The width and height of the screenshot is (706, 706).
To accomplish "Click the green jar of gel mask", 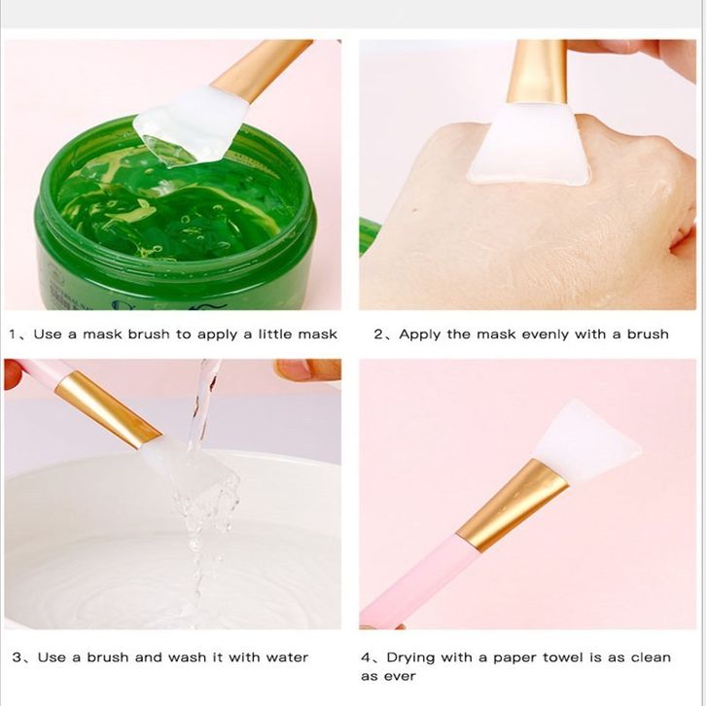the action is (x=176, y=216).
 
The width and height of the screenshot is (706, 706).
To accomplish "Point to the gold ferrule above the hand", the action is (x=537, y=72).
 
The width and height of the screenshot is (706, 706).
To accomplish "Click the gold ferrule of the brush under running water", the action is (x=108, y=408).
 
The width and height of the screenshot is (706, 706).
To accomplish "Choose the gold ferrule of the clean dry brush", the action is (x=512, y=505).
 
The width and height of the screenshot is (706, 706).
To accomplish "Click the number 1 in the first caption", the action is (x=13, y=335).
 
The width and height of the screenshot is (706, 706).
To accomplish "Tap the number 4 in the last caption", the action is (x=366, y=657).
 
